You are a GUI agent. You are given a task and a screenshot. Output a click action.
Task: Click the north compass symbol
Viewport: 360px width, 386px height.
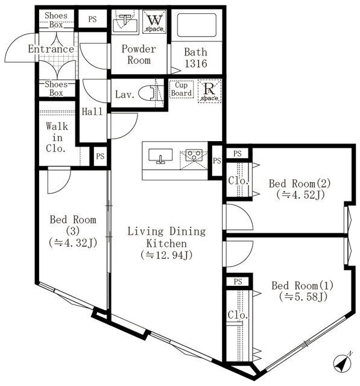tap(343, 362)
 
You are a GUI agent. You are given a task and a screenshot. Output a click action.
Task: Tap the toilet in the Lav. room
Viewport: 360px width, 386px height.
tap(151, 93)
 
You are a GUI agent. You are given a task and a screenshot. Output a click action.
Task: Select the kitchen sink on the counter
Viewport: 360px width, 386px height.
tap(160, 156)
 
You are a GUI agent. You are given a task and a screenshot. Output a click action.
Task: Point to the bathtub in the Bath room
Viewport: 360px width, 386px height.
tap(197, 25)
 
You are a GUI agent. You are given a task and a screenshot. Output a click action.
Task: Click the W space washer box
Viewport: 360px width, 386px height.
tap(154, 22)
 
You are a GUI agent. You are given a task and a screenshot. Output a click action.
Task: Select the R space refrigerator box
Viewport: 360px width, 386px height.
tap(209, 91)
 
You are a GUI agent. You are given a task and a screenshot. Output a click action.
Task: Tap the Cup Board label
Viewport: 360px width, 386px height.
tap(182, 89)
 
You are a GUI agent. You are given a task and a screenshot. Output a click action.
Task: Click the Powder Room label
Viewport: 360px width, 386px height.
tap(139, 54)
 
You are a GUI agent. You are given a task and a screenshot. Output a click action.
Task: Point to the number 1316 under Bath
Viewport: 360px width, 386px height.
tap(196, 63)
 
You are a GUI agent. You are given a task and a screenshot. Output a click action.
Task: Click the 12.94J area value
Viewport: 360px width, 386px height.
tap(166, 255)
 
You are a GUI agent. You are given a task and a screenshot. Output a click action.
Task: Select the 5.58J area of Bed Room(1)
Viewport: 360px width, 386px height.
tap(303, 297)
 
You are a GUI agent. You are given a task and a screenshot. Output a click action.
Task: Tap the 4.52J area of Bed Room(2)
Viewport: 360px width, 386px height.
tap(300, 195)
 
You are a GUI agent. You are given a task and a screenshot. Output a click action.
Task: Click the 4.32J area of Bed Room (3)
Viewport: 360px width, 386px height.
tap(73, 243)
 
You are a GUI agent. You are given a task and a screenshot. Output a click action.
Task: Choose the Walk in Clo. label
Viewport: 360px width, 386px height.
tap(57, 138)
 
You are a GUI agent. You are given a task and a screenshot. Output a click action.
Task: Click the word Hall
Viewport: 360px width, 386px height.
tap(92, 112)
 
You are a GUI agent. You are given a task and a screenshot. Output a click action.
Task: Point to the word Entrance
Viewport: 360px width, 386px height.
tap(51, 49)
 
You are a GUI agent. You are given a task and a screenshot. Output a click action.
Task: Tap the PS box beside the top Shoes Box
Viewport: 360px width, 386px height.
tap(92, 19)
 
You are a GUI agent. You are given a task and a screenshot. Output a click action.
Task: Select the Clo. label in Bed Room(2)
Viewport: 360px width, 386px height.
tap(238, 181)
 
